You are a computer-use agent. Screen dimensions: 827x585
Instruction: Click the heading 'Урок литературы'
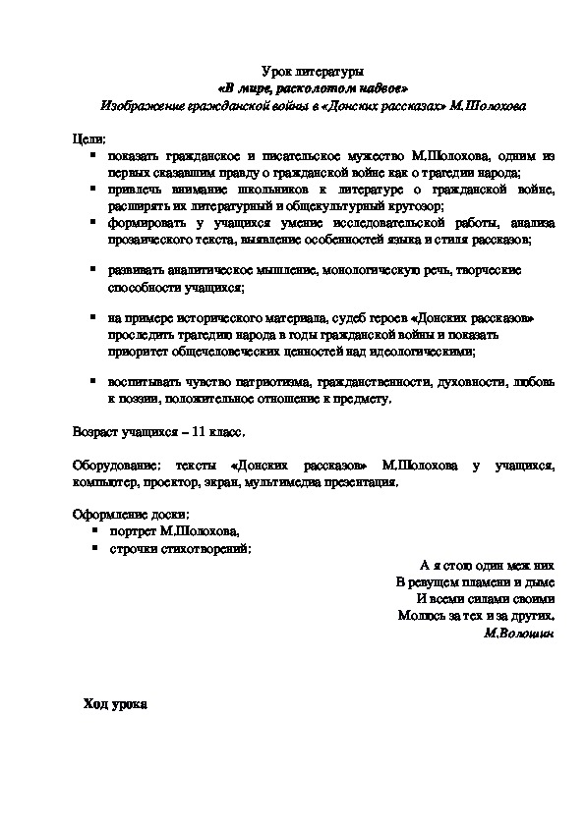pos(314,72)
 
